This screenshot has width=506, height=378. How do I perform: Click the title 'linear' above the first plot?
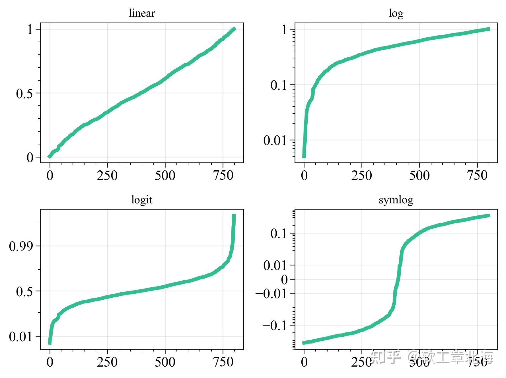tap(142, 13)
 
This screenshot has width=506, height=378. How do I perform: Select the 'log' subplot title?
tap(396, 13)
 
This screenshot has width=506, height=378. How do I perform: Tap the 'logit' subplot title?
tap(142, 200)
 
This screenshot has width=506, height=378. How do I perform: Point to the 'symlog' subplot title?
tap(396, 200)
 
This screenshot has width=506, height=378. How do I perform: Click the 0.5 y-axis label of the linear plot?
tap(24, 94)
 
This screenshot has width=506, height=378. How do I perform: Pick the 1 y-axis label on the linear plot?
tap(30, 30)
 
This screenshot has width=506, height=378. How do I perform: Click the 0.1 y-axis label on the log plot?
tap(279, 85)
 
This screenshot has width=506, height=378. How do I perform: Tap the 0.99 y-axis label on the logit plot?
tap(21, 246)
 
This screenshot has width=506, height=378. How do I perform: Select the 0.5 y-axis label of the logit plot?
tap(24, 292)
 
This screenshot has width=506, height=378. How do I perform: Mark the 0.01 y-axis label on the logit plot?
tap(21, 337)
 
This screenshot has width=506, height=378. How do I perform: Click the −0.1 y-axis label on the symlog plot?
tap(275, 325)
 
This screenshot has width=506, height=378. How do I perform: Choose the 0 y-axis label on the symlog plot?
tap(284, 280)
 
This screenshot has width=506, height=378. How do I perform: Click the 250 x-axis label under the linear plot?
tap(107, 175)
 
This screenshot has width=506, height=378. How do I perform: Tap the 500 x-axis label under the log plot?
tap(419, 175)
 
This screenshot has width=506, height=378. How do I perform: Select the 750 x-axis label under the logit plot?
tap(223, 362)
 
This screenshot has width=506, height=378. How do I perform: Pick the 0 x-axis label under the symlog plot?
tap(304, 362)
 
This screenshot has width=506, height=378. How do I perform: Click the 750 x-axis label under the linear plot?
tap(223, 175)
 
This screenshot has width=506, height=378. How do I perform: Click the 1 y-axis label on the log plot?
tap(285, 30)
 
